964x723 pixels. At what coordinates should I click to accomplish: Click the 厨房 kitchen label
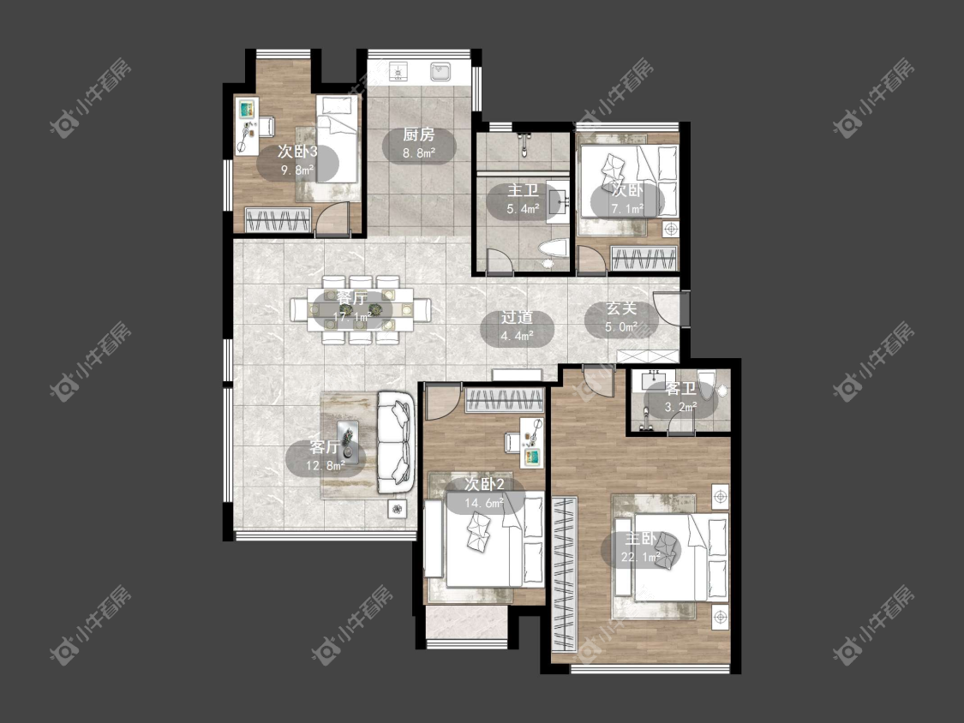[419, 134]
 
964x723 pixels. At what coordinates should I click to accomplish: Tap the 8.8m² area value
[419, 153]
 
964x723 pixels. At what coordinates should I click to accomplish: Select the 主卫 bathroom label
[524, 191]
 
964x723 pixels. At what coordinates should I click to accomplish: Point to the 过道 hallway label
[517, 317]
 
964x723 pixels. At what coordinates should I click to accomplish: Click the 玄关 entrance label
[621, 308]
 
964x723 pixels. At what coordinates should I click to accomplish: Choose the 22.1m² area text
[641, 558]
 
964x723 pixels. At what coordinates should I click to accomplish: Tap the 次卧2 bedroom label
[484, 485]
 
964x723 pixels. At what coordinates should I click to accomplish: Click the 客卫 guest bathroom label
[680, 389]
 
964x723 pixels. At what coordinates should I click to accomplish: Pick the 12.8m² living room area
[326, 466]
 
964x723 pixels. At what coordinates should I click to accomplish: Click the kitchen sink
[440, 71]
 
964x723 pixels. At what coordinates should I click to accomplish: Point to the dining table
[361, 309]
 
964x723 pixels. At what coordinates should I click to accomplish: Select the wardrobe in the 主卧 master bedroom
[565, 573]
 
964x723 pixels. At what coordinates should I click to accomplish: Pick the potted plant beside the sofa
[398, 509]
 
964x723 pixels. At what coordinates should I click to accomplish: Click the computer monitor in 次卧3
[247, 110]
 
